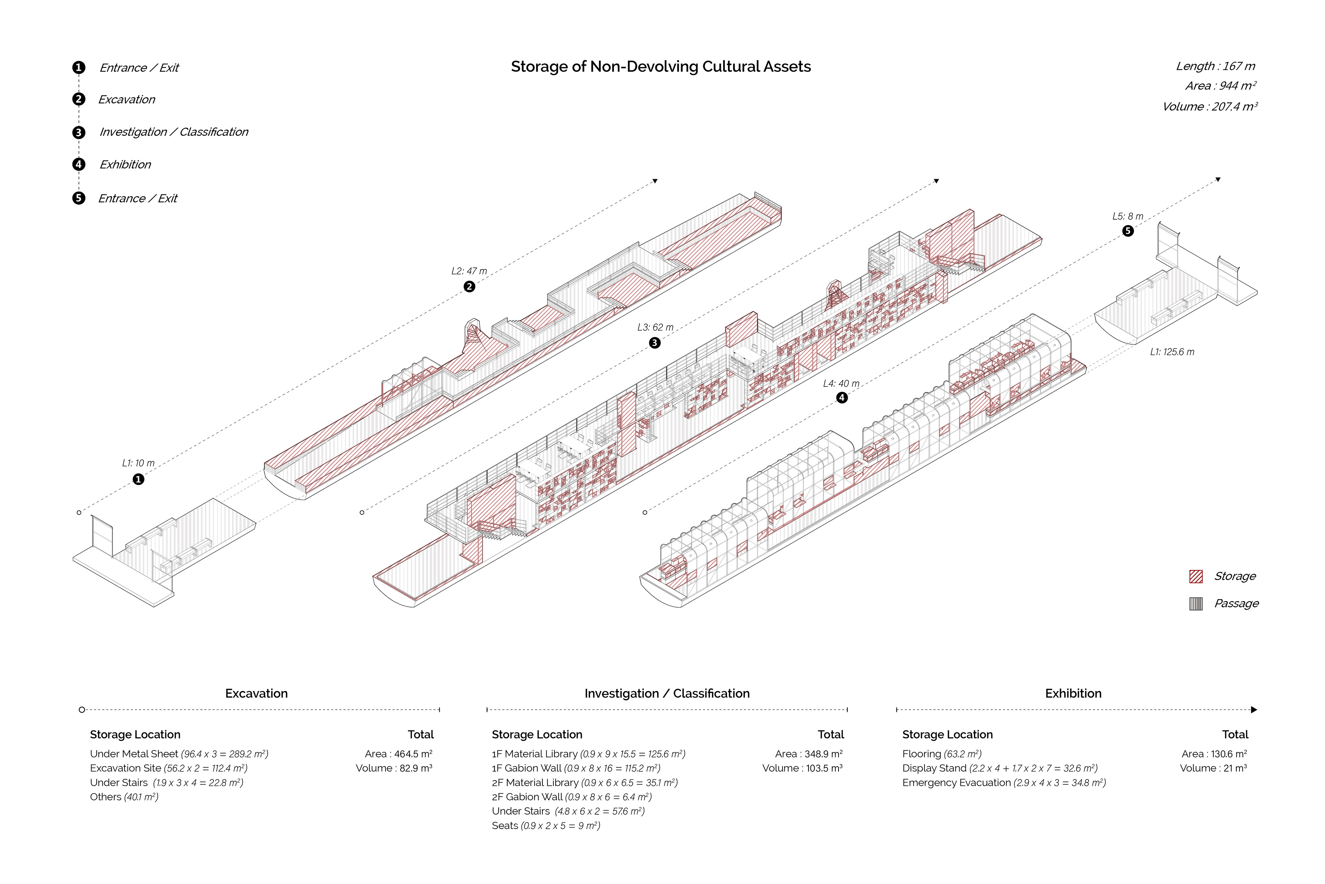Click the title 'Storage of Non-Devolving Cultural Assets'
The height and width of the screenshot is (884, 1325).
[660, 67]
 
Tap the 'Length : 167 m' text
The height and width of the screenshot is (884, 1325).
[1215, 66]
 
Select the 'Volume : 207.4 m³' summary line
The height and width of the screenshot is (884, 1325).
[1209, 107]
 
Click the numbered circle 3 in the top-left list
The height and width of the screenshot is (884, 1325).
[79, 133]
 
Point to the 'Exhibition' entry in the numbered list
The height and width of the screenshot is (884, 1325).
[125, 165]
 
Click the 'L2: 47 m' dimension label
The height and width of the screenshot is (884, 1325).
[469, 271]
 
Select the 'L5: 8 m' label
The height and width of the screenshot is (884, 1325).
[1127, 217]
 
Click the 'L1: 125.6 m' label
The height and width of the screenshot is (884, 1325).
[1172, 352]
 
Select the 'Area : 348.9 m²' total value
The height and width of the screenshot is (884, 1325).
[808, 754]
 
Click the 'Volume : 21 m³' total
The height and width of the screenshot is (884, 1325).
[1213, 768]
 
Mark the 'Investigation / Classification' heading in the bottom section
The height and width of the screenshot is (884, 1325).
[667, 693]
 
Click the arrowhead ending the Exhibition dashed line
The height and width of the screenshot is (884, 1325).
[1254, 710]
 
